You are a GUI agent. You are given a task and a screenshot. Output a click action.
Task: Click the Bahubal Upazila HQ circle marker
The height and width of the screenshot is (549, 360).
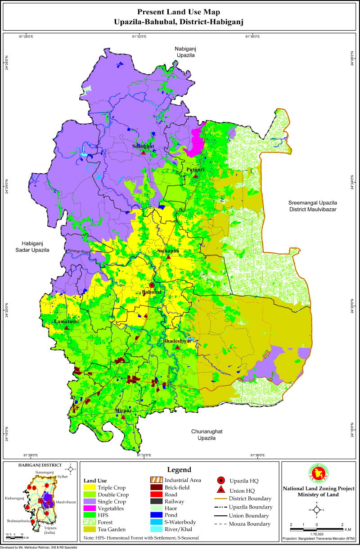tap(152, 285)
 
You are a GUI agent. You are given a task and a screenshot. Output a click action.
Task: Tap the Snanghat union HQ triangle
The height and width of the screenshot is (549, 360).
tap(143, 153)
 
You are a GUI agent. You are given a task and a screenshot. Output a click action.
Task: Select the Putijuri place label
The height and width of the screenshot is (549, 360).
tap(196, 170)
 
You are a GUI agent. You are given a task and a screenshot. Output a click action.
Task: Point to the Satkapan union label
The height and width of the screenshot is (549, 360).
tap(168, 251)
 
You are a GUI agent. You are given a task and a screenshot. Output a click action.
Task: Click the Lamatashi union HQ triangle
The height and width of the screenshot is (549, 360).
tap(67, 328)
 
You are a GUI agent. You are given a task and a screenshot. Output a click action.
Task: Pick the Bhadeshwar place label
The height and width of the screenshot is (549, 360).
tap(177, 342)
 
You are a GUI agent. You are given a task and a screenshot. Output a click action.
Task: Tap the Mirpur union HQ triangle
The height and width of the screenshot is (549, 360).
tap(123, 417)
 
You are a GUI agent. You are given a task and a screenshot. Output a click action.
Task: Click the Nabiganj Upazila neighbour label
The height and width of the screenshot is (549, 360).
tap(185, 52)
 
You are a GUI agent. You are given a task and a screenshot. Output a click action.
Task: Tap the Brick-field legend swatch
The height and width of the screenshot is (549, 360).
tap(156, 487)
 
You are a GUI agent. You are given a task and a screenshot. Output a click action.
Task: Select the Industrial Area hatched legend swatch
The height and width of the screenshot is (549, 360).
tap(156, 480)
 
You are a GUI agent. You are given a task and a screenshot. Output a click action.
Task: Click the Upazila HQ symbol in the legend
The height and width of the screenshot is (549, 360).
tap(221, 480)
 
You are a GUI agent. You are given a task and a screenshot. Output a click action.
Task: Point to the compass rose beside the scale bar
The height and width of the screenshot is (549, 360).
tap(317, 510)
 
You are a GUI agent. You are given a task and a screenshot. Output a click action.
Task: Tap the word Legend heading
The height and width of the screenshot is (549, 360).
tap(179, 469)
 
